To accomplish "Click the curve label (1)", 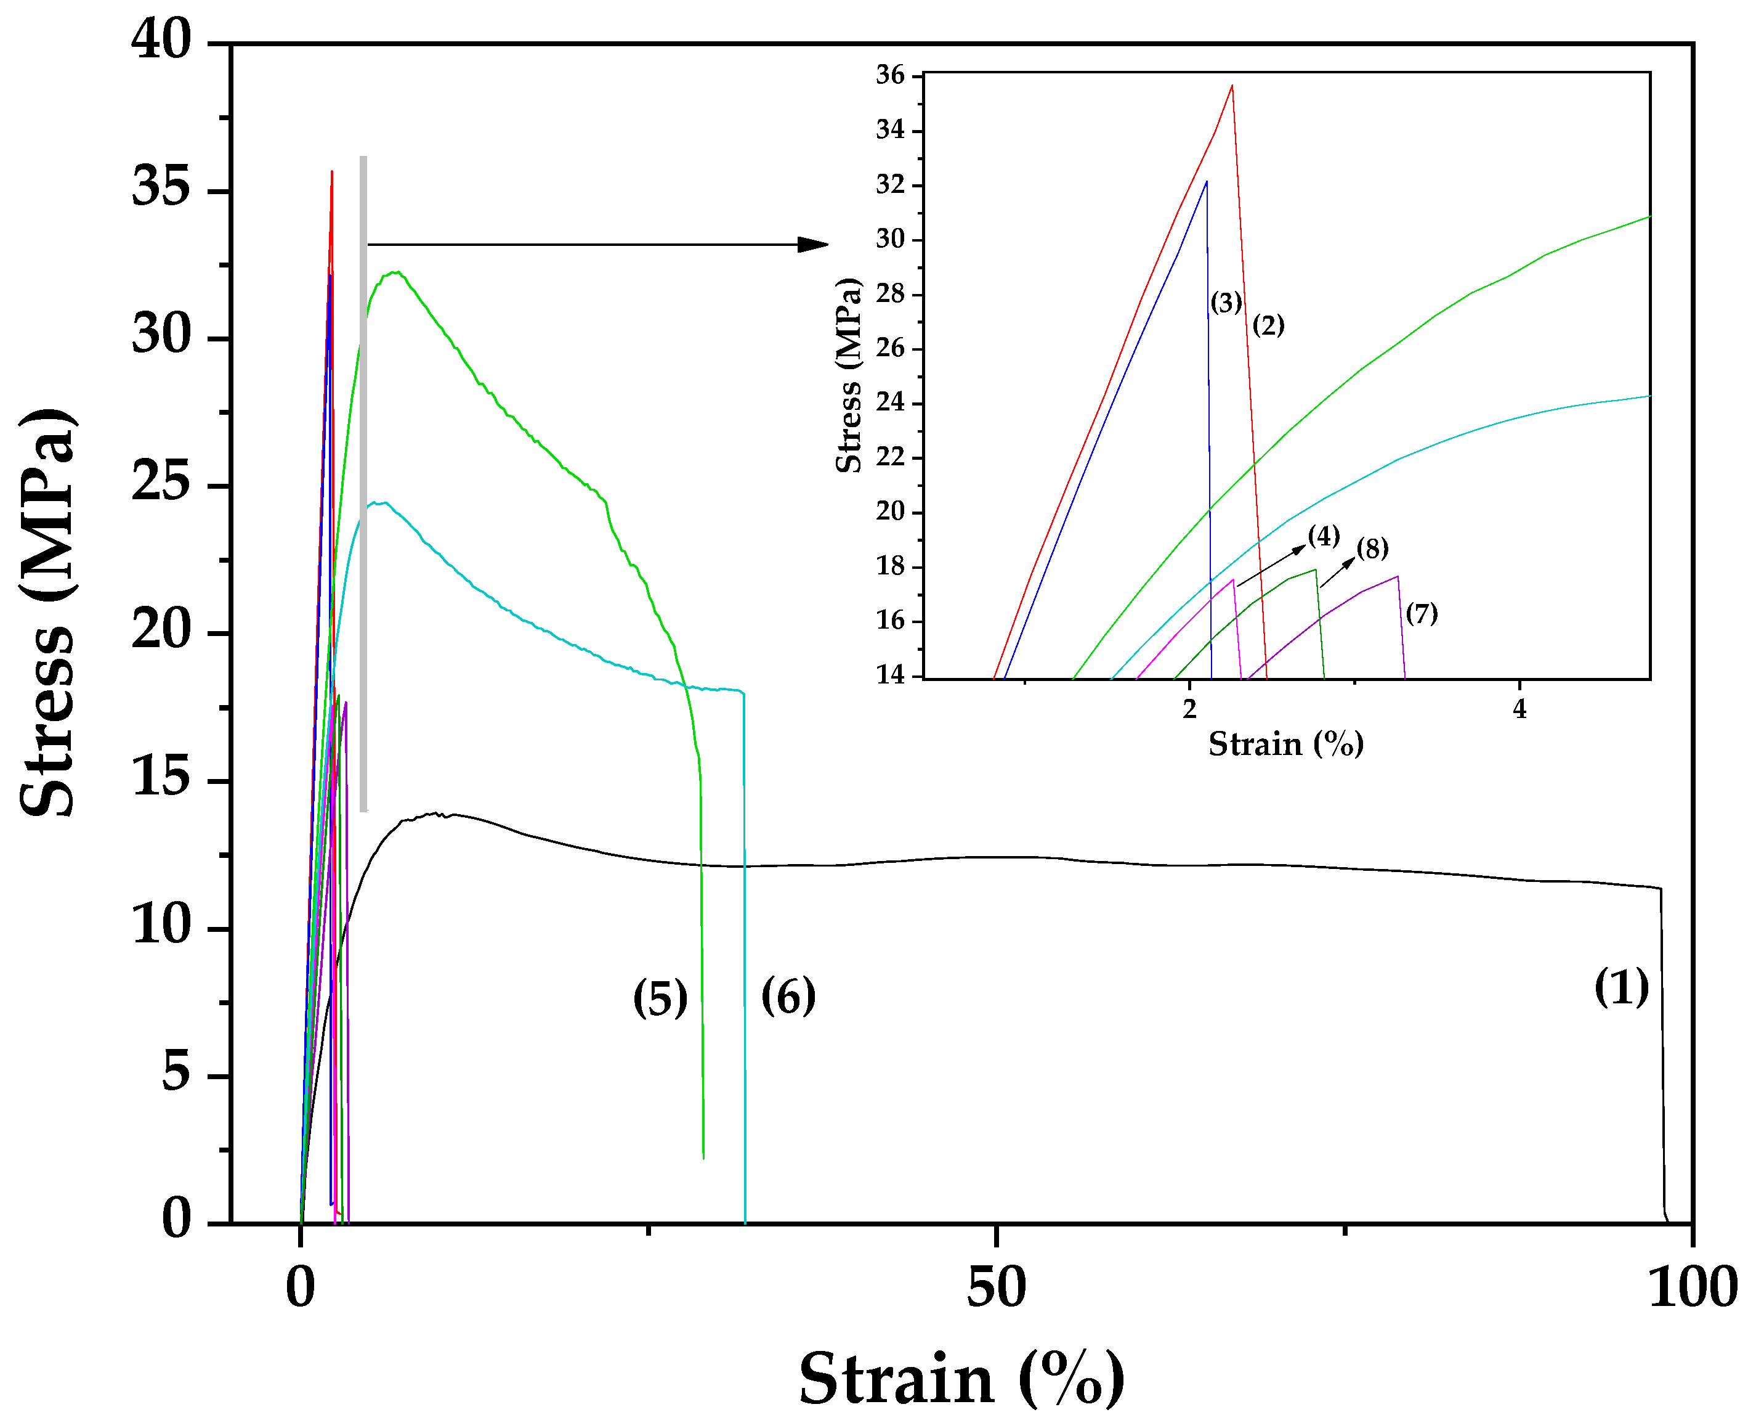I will (1621, 988).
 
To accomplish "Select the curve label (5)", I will (660, 1000).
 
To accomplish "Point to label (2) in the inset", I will (1268, 326).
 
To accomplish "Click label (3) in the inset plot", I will (1226, 303).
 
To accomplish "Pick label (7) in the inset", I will (1422, 614).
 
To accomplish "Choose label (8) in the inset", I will (1372, 549).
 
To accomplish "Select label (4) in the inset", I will (1324, 536).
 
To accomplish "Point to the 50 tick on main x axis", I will (996, 1289).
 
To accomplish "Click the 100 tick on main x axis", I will (1692, 1289).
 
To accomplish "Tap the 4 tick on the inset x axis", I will (1519, 709).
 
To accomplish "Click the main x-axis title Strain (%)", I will (961, 1379).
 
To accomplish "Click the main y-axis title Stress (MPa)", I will (47, 613).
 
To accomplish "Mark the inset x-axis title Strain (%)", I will (1285, 745).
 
